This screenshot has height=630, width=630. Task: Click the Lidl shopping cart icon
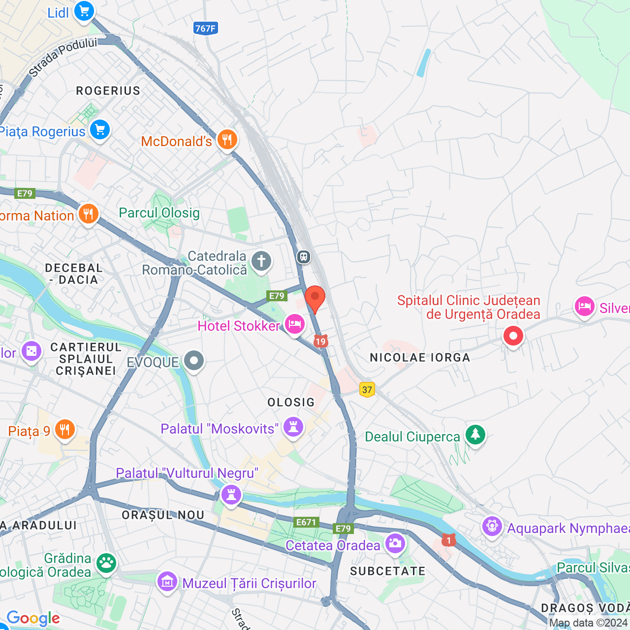[x=84, y=11]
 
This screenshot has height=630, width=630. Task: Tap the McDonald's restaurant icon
[x=227, y=140]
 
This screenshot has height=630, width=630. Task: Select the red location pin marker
[x=315, y=298]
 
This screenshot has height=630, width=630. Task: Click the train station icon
[x=304, y=257]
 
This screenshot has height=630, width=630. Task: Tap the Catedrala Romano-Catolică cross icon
[x=261, y=261]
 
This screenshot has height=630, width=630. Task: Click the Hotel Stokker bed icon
[x=294, y=325]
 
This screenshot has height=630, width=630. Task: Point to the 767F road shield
[x=205, y=29]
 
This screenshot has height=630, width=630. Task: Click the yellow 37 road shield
[x=367, y=390]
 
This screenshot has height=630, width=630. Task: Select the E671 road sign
[x=306, y=522]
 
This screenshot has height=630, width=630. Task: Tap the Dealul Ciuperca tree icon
[x=475, y=435]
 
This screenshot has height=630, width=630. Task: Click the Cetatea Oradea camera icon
[x=395, y=544]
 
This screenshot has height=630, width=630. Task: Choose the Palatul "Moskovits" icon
[x=293, y=427]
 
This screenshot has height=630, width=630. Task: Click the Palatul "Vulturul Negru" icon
[x=231, y=494]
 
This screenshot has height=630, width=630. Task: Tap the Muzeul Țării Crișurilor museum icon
[x=167, y=582]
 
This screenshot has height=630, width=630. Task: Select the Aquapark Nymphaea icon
[x=492, y=527]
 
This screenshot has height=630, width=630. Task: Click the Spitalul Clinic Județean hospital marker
[x=513, y=337]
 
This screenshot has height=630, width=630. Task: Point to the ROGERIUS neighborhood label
[x=108, y=91]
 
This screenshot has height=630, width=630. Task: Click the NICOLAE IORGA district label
[x=420, y=358]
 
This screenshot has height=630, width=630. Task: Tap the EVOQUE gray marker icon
[x=194, y=361]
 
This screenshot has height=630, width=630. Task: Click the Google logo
[x=33, y=618]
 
